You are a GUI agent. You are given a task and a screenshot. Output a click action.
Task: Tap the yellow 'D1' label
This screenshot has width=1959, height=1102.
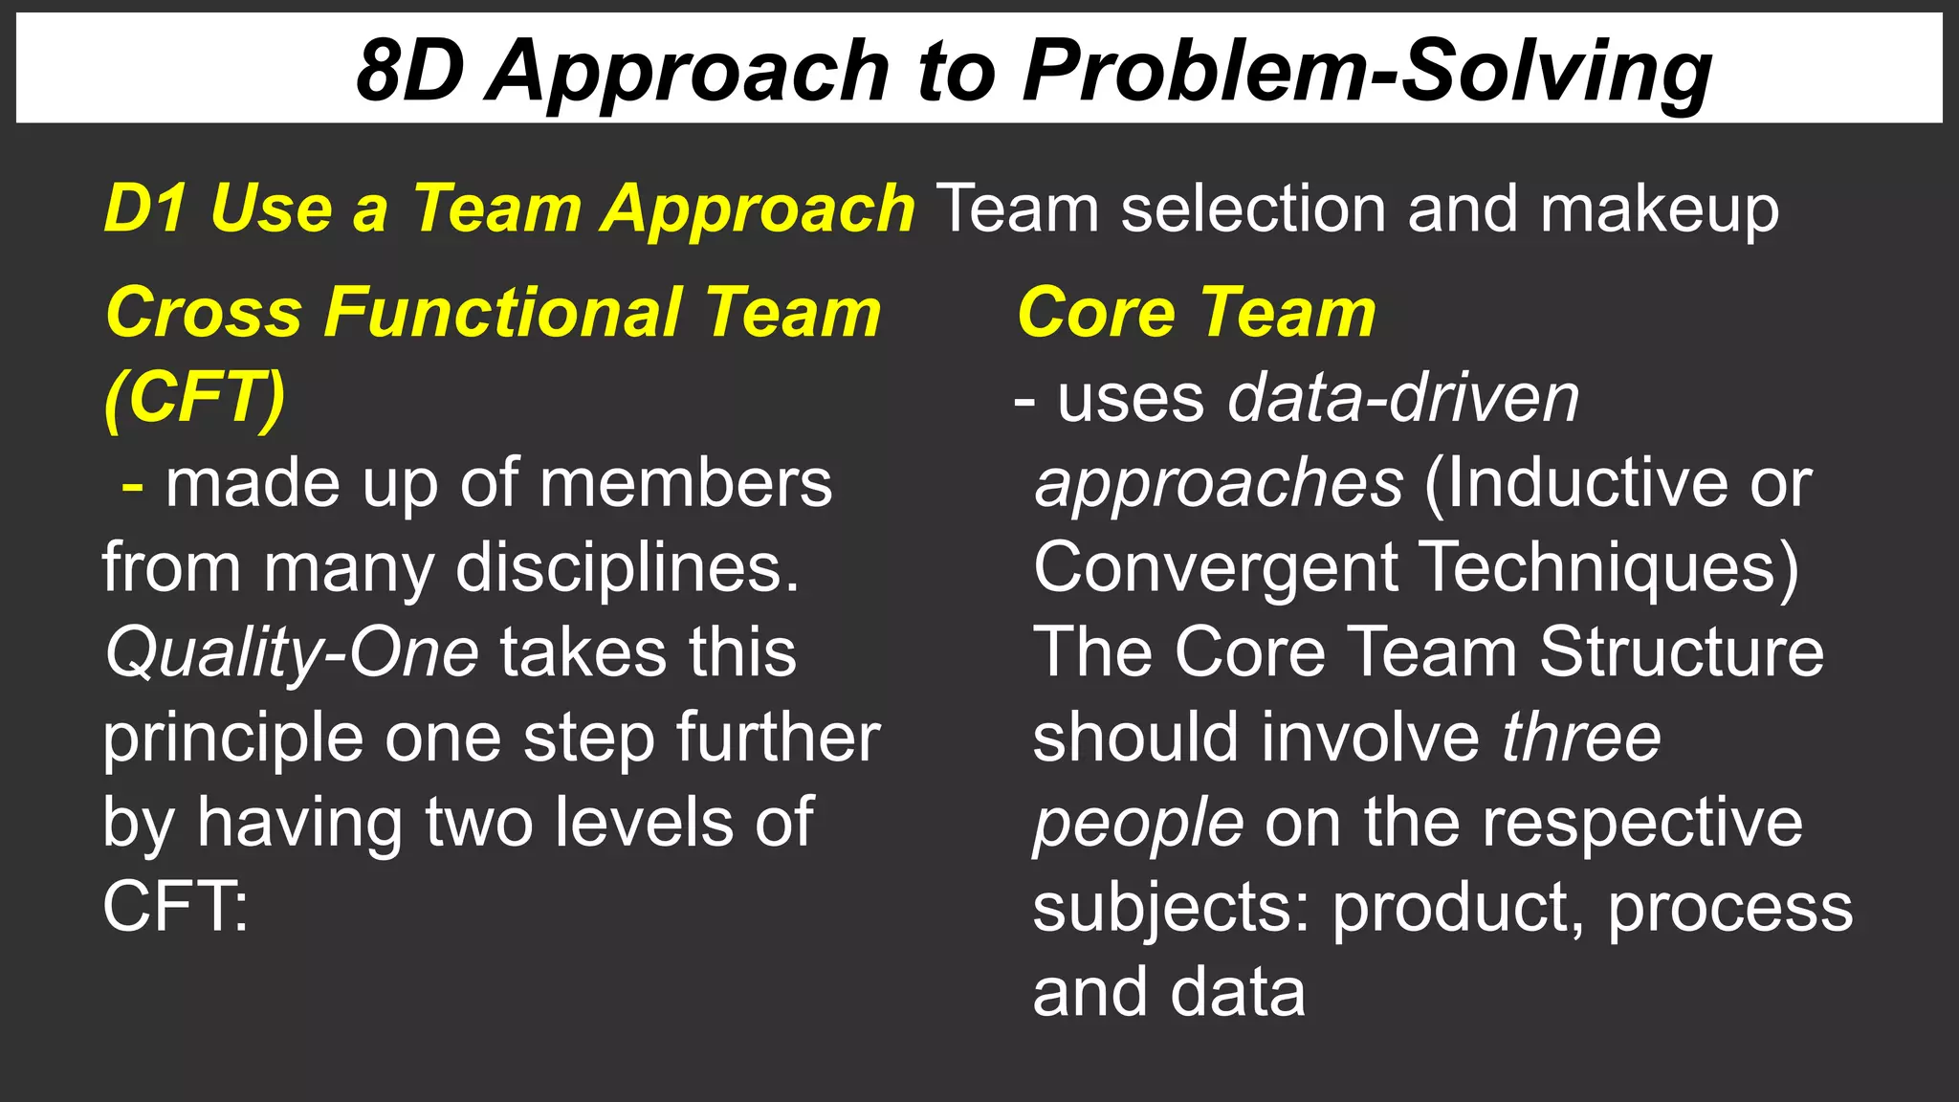(x=144, y=208)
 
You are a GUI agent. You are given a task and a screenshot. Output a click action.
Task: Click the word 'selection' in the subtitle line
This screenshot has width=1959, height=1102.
(x=1252, y=208)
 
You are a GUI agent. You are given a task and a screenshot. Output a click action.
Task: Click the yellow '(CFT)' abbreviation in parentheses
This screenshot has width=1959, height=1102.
(x=195, y=397)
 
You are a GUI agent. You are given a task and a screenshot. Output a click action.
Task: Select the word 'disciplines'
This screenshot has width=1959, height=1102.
(x=626, y=568)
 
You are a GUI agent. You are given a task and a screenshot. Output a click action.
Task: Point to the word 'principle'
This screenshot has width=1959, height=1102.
(x=232, y=738)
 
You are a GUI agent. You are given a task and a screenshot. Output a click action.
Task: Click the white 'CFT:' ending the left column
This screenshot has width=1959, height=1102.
(x=175, y=906)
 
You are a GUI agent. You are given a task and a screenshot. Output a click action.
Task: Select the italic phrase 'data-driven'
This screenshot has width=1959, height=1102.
(x=1403, y=398)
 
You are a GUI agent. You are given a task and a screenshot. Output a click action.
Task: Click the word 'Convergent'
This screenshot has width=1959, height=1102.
(x=1215, y=568)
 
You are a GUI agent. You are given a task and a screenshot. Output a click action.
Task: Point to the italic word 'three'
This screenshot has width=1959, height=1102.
(x=1580, y=738)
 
